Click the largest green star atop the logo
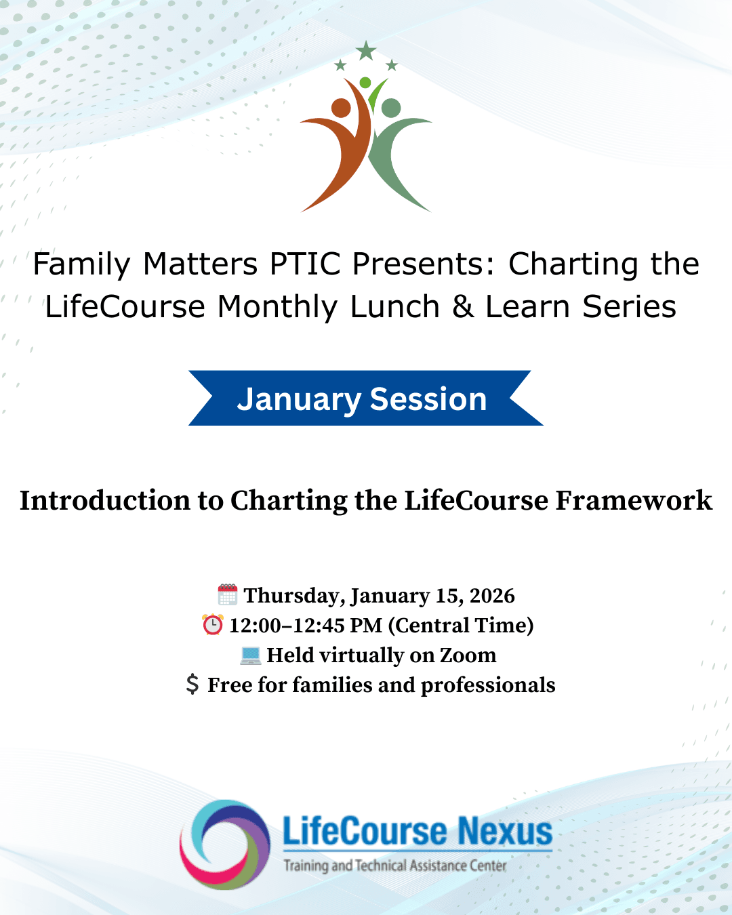366,50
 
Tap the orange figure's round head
341,108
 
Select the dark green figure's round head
391,108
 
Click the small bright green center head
365,83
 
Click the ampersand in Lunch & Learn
463,306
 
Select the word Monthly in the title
277,306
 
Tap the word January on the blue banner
299,399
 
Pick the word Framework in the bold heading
634,501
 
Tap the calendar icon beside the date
228,595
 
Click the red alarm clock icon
213,625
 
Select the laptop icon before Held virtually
250,655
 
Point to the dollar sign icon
192,685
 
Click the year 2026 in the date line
492,596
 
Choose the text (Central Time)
461,625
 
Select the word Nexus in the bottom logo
504,832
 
